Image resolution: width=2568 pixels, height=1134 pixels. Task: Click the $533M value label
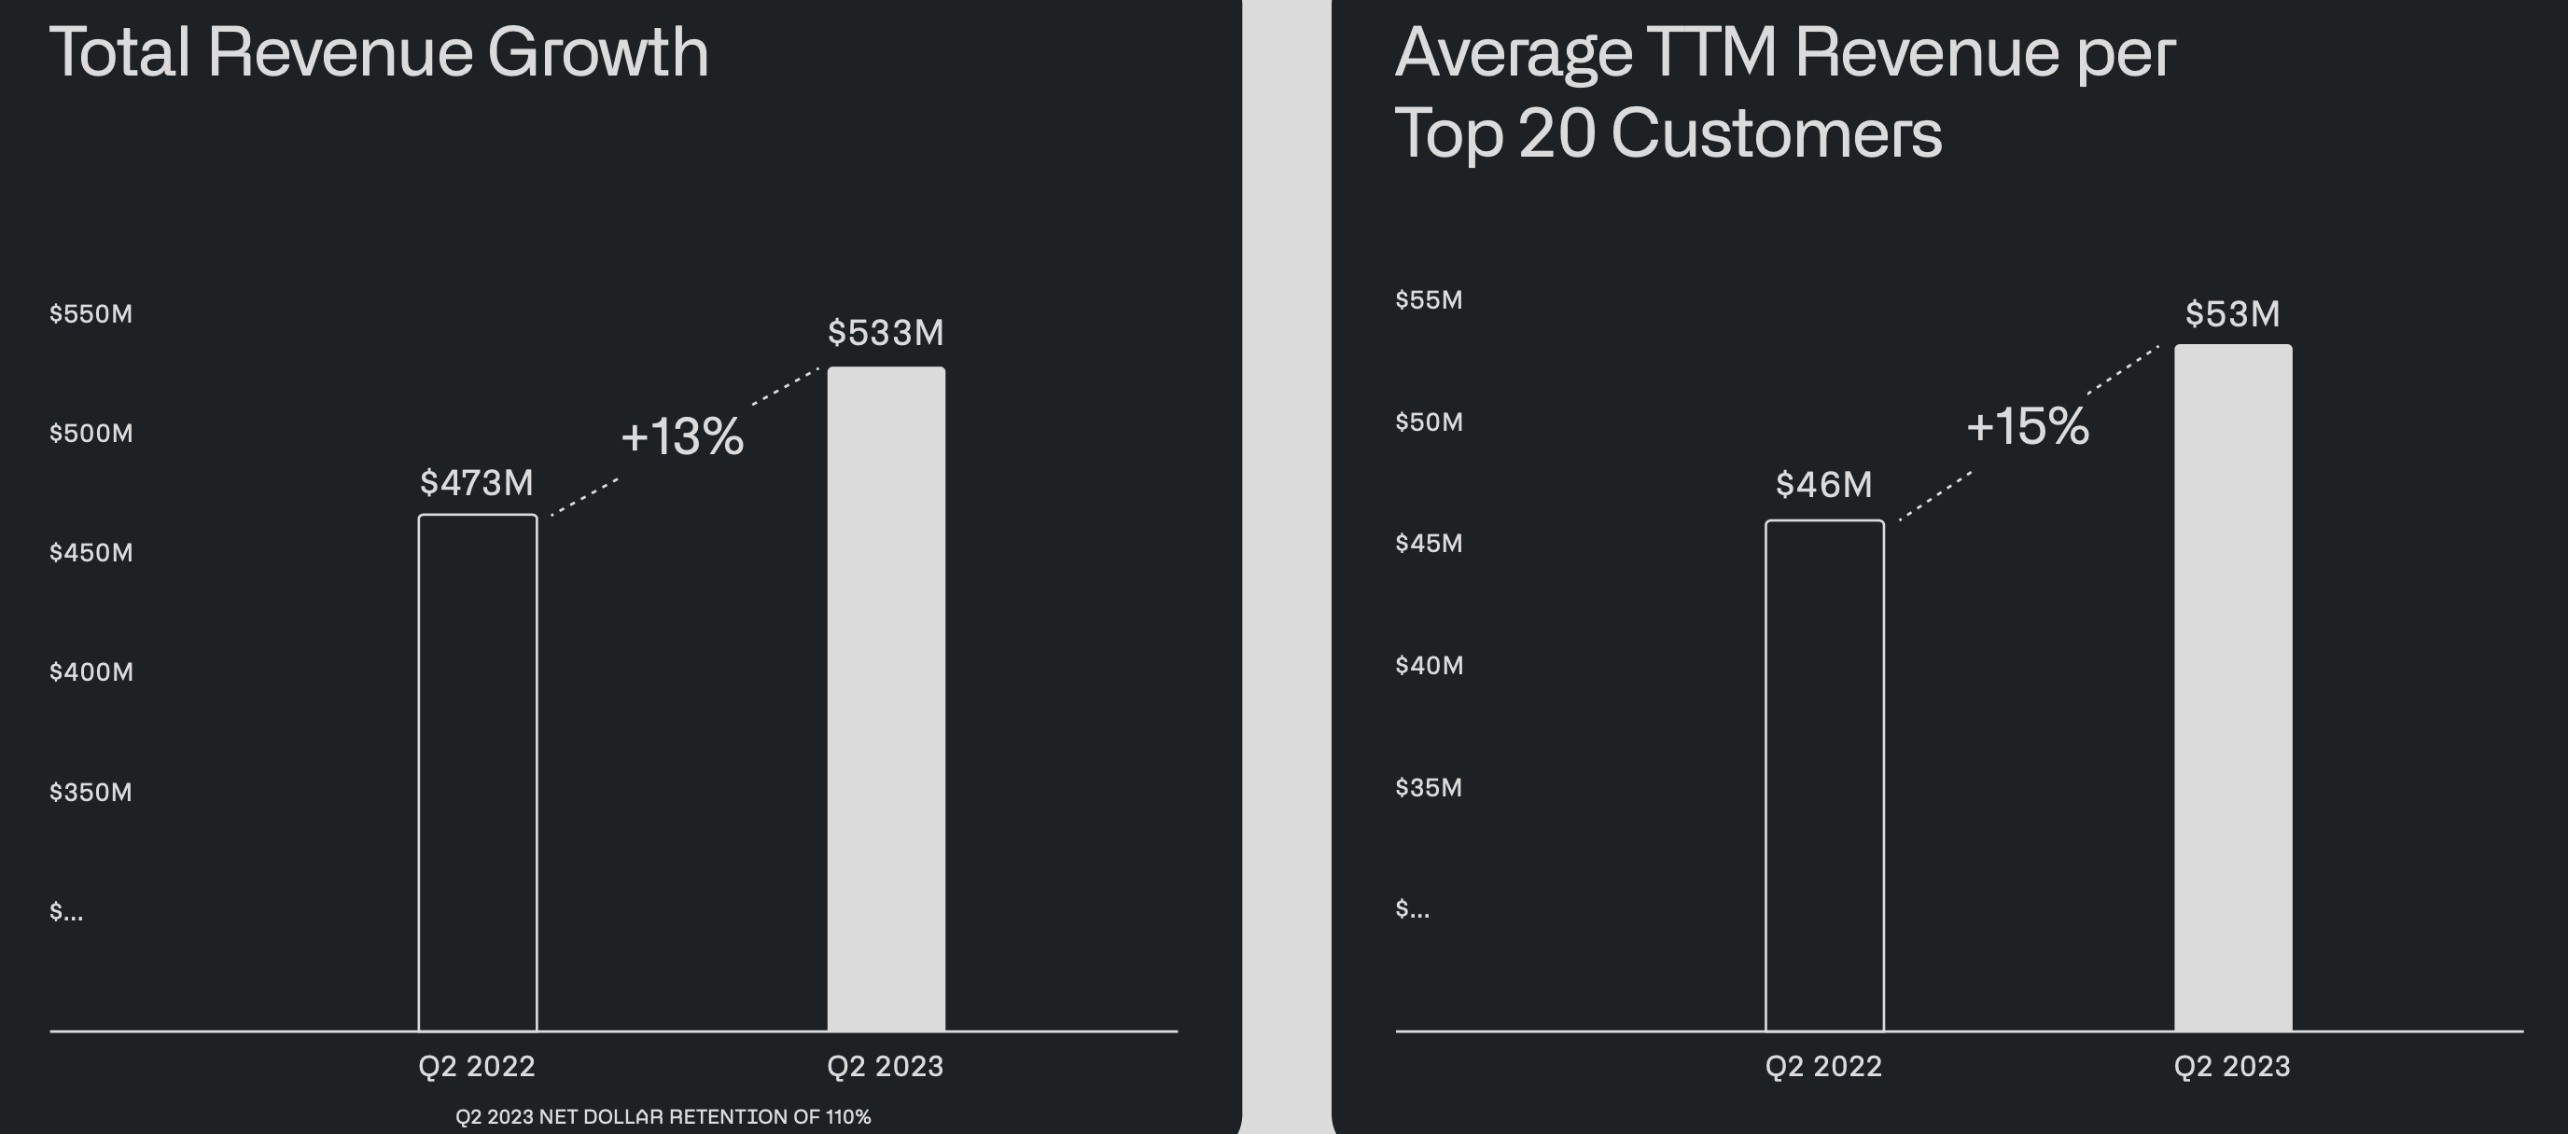click(886, 333)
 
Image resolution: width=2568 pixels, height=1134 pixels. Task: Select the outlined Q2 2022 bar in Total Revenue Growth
click(478, 772)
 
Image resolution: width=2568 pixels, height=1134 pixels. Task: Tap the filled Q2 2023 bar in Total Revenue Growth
click(886, 698)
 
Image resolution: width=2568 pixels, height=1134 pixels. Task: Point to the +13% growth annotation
click(683, 436)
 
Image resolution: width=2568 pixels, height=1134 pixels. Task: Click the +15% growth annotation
click(2028, 426)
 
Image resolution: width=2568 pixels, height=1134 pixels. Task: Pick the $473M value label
click(477, 483)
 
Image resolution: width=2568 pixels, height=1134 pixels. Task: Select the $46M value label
click(1823, 485)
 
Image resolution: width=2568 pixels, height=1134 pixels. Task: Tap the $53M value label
click(2232, 315)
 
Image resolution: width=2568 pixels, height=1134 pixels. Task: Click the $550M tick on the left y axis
click(91, 314)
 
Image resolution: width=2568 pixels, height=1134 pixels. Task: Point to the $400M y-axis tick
click(91, 671)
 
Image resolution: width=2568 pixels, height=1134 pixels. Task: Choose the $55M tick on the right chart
click(1429, 300)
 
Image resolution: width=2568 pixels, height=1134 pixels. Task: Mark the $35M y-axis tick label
click(1429, 787)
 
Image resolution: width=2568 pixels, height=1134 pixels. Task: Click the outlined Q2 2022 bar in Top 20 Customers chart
click(1824, 775)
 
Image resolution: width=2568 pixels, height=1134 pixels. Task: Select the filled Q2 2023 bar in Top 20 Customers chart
click(2233, 687)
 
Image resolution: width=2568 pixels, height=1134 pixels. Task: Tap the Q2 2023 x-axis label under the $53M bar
click(2232, 1066)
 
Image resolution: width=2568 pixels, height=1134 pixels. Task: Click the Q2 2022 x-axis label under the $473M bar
click(477, 1066)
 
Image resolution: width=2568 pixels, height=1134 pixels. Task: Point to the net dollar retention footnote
click(663, 1117)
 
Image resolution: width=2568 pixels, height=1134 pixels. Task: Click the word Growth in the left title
click(598, 52)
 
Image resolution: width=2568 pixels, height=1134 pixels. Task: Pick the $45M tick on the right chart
click(1429, 543)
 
